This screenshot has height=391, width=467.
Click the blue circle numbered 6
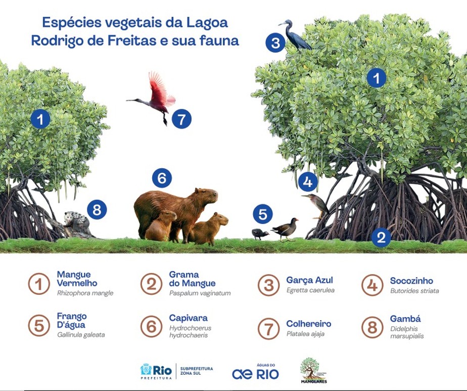pyautogui.click(x=162, y=178)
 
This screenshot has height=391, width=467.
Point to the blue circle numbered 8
pyautogui.click(x=97, y=209)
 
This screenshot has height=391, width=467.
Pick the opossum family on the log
pyautogui.click(x=77, y=221)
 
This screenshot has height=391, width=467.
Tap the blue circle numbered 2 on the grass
pyautogui.click(x=381, y=238)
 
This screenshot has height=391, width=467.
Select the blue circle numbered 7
pyautogui.click(x=181, y=119)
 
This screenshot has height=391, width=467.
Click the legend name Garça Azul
pyautogui.click(x=309, y=280)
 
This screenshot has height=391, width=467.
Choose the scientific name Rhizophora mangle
pyautogui.click(x=85, y=293)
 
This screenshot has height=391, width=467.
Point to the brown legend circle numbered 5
pyautogui.click(x=39, y=326)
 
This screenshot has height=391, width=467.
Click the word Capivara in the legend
pyautogui.click(x=188, y=318)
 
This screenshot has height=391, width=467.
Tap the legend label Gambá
pyautogui.click(x=405, y=319)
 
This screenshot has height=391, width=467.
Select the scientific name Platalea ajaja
pyautogui.click(x=305, y=334)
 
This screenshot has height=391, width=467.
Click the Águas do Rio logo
pyautogui.click(x=256, y=372)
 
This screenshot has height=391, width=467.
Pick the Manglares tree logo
pyautogui.click(x=313, y=370)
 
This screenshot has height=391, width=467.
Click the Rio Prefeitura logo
pyautogui.click(x=156, y=371)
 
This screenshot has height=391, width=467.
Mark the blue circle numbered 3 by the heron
pyautogui.click(x=275, y=43)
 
